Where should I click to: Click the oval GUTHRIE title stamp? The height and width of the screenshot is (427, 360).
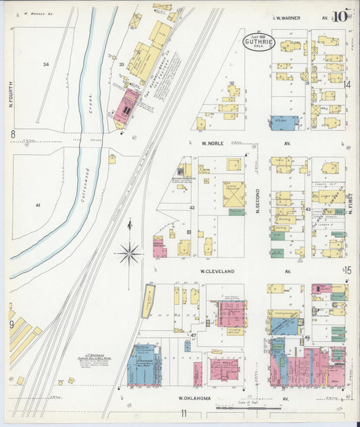click(259, 43)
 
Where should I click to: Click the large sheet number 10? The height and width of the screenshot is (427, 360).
click(340, 16)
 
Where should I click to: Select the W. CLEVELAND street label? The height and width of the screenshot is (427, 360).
click(217, 271)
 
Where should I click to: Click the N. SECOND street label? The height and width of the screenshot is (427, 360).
click(257, 201)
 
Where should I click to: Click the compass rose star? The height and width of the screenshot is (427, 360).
click(128, 254)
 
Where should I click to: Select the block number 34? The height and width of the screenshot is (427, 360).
click(46, 64)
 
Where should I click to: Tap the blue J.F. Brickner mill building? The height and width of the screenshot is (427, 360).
click(143, 365)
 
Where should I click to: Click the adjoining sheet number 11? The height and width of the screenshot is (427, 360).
click(182, 413)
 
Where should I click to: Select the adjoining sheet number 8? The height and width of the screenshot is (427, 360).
click(12, 134)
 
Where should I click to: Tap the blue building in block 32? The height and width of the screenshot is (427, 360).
click(284, 122)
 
